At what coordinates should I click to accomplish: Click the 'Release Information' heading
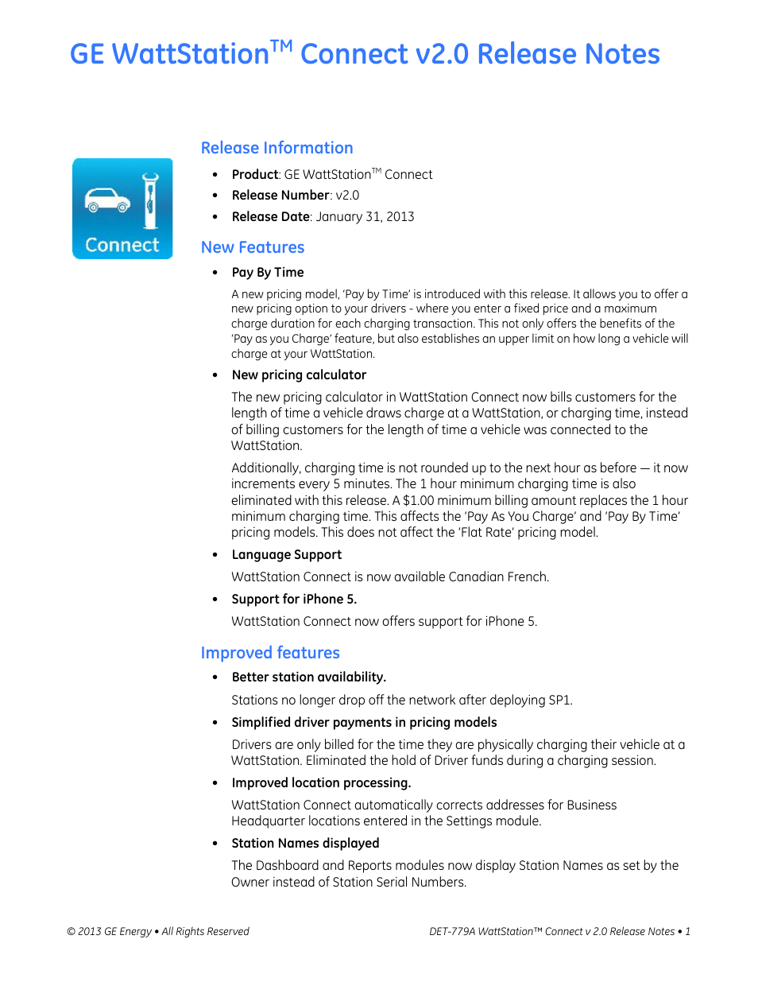[x=277, y=148]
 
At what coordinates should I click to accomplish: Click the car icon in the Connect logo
[x=107, y=201]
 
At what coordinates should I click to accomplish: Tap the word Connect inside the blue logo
[x=122, y=245]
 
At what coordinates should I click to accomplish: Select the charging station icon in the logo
[x=149, y=201]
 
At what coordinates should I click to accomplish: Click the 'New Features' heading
[x=253, y=247]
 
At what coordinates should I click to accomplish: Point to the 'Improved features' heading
[x=270, y=653]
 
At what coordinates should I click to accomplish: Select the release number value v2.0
[x=347, y=195]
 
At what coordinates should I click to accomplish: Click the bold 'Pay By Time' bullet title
[x=268, y=272]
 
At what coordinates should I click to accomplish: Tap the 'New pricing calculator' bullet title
[x=299, y=375]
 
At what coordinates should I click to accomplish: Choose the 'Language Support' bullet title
[x=286, y=554]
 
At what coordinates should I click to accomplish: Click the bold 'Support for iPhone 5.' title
[x=294, y=599]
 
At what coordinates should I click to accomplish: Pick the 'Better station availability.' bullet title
[x=308, y=677]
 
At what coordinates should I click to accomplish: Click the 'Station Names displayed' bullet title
[x=305, y=843]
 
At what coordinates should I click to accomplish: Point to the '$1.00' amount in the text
[x=418, y=500]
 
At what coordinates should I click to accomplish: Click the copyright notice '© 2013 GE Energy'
[x=110, y=931]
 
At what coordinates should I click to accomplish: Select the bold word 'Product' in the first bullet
[x=254, y=174]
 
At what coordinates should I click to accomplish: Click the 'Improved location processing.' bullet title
[x=321, y=782]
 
